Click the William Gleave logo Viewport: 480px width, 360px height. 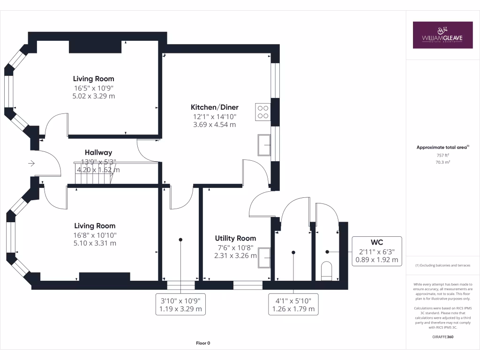point(442,35)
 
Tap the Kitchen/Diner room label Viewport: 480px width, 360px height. point(214,107)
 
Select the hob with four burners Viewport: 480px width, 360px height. point(263,111)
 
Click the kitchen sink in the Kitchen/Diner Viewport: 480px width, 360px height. point(263,145)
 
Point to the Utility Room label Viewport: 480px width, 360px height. point(235,238)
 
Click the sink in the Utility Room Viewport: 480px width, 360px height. point(264,257)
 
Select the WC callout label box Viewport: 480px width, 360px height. point(377,251)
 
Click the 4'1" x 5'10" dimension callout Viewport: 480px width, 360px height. point(294,305)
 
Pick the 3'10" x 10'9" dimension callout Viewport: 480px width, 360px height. point(181,305)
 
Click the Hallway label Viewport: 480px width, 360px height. point(98,152)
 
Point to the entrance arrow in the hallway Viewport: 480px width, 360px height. point(31,164)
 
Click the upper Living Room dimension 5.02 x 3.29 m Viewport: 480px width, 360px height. point(94,96)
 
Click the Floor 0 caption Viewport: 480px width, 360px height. point(203,343)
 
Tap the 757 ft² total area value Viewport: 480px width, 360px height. point(442,155)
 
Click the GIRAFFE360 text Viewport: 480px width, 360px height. point(442,337)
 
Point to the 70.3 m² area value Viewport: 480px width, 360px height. point(442,162)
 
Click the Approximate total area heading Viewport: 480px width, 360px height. point(442,147)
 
